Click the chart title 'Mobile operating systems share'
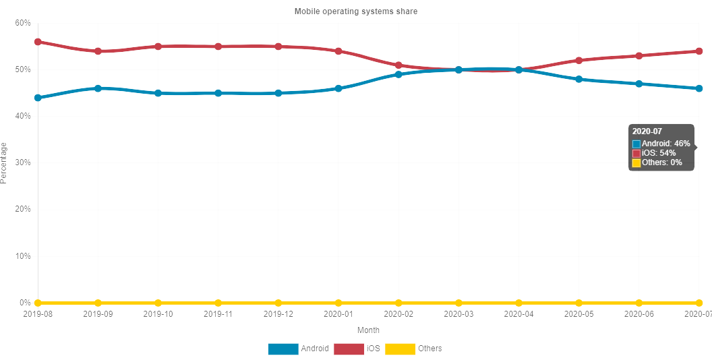[x=356, y=11]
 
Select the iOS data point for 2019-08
[x=38, y=42]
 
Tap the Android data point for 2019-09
[x=98, y=88]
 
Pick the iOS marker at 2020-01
[x=338, y=51]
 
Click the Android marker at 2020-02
[x=398, y=74]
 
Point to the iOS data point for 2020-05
[x=578, y=61]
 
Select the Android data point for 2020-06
[x=639, y=84]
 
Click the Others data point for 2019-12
[x=278, y=303]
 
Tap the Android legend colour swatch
[x=283, y=349]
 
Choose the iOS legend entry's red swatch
[x=348, y=349]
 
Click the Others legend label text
[x=430, y=349]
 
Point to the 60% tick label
[x=22, y=23]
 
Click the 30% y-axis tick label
[x=22, y=163]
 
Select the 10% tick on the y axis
[x=22, y=256]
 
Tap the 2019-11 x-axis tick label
[x=218, y=313]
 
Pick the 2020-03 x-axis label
[x=458, y=313]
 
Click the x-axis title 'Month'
[x=368, y=330]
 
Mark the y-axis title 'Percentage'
[x=5, y=162]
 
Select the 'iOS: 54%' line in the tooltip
[x=659, y=153]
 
